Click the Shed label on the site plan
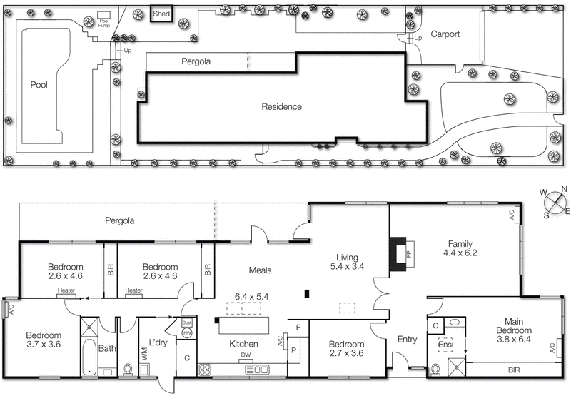click(161, 14)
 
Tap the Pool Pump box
click(104, 16)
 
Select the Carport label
click(445, 34)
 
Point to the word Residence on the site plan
click(281, 106)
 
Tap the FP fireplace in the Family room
click(400, 253)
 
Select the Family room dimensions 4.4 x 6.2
click(460, 253)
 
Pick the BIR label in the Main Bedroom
click(514, 371)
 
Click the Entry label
click(406, 340)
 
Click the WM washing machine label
click(144, 352)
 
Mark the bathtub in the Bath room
click(89, 356)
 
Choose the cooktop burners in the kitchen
click(205, 370)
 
